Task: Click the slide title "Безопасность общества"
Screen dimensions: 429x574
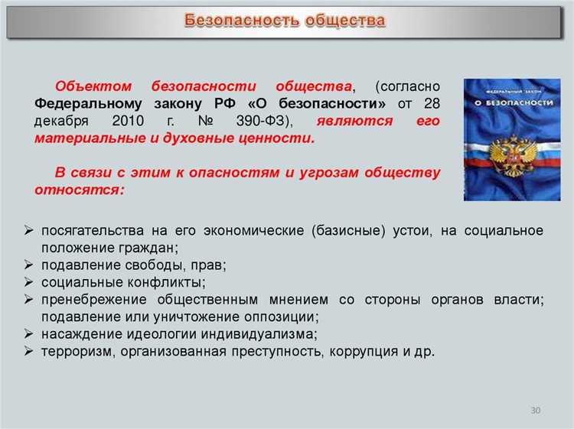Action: pos(285,21)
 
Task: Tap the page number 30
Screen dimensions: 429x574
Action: pos(535,411)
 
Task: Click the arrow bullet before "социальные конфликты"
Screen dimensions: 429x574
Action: pos(28,282)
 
